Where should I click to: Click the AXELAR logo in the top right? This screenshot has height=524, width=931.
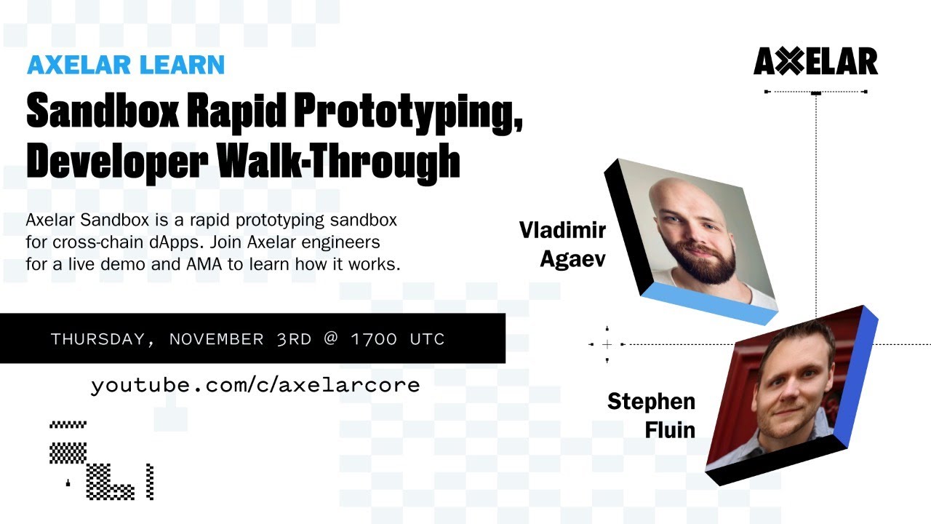815,63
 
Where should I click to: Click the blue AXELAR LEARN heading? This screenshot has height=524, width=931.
125,65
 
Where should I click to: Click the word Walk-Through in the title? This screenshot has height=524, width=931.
339,162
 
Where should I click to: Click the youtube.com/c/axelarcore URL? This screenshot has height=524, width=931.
255,385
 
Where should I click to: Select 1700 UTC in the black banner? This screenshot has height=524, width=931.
397,339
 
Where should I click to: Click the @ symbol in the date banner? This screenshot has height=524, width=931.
332,339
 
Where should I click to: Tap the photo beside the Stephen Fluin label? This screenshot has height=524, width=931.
786,389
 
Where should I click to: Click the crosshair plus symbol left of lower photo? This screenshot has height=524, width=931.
607,344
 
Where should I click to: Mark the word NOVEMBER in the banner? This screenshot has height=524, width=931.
217,339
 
